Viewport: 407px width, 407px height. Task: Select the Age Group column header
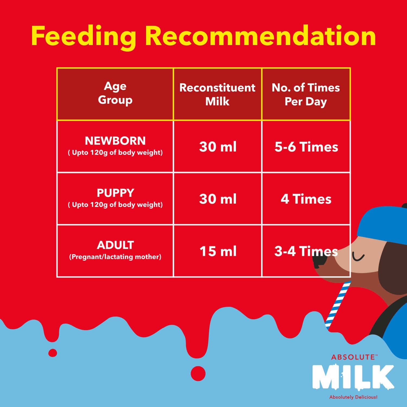(115, 93)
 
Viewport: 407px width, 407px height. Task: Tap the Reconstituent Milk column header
(217, 94)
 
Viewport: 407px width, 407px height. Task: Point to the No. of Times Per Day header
(306, 94)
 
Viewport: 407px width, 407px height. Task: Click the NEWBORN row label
(115, 141)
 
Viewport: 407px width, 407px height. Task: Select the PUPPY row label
(115, 193)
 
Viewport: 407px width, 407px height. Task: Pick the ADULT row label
(115, 245)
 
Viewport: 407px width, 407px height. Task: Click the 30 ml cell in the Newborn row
(218, 147)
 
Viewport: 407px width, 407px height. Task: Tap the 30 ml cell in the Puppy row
(218, 199)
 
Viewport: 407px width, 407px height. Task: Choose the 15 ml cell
(218, 251)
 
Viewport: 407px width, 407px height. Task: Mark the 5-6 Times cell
(306, 147)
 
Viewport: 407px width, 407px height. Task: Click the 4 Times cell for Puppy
(306, 199)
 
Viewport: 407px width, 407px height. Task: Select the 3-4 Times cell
(306, 251)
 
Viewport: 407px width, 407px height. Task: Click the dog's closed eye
(358, 257)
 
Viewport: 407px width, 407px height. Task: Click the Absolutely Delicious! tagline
(353, 397)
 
